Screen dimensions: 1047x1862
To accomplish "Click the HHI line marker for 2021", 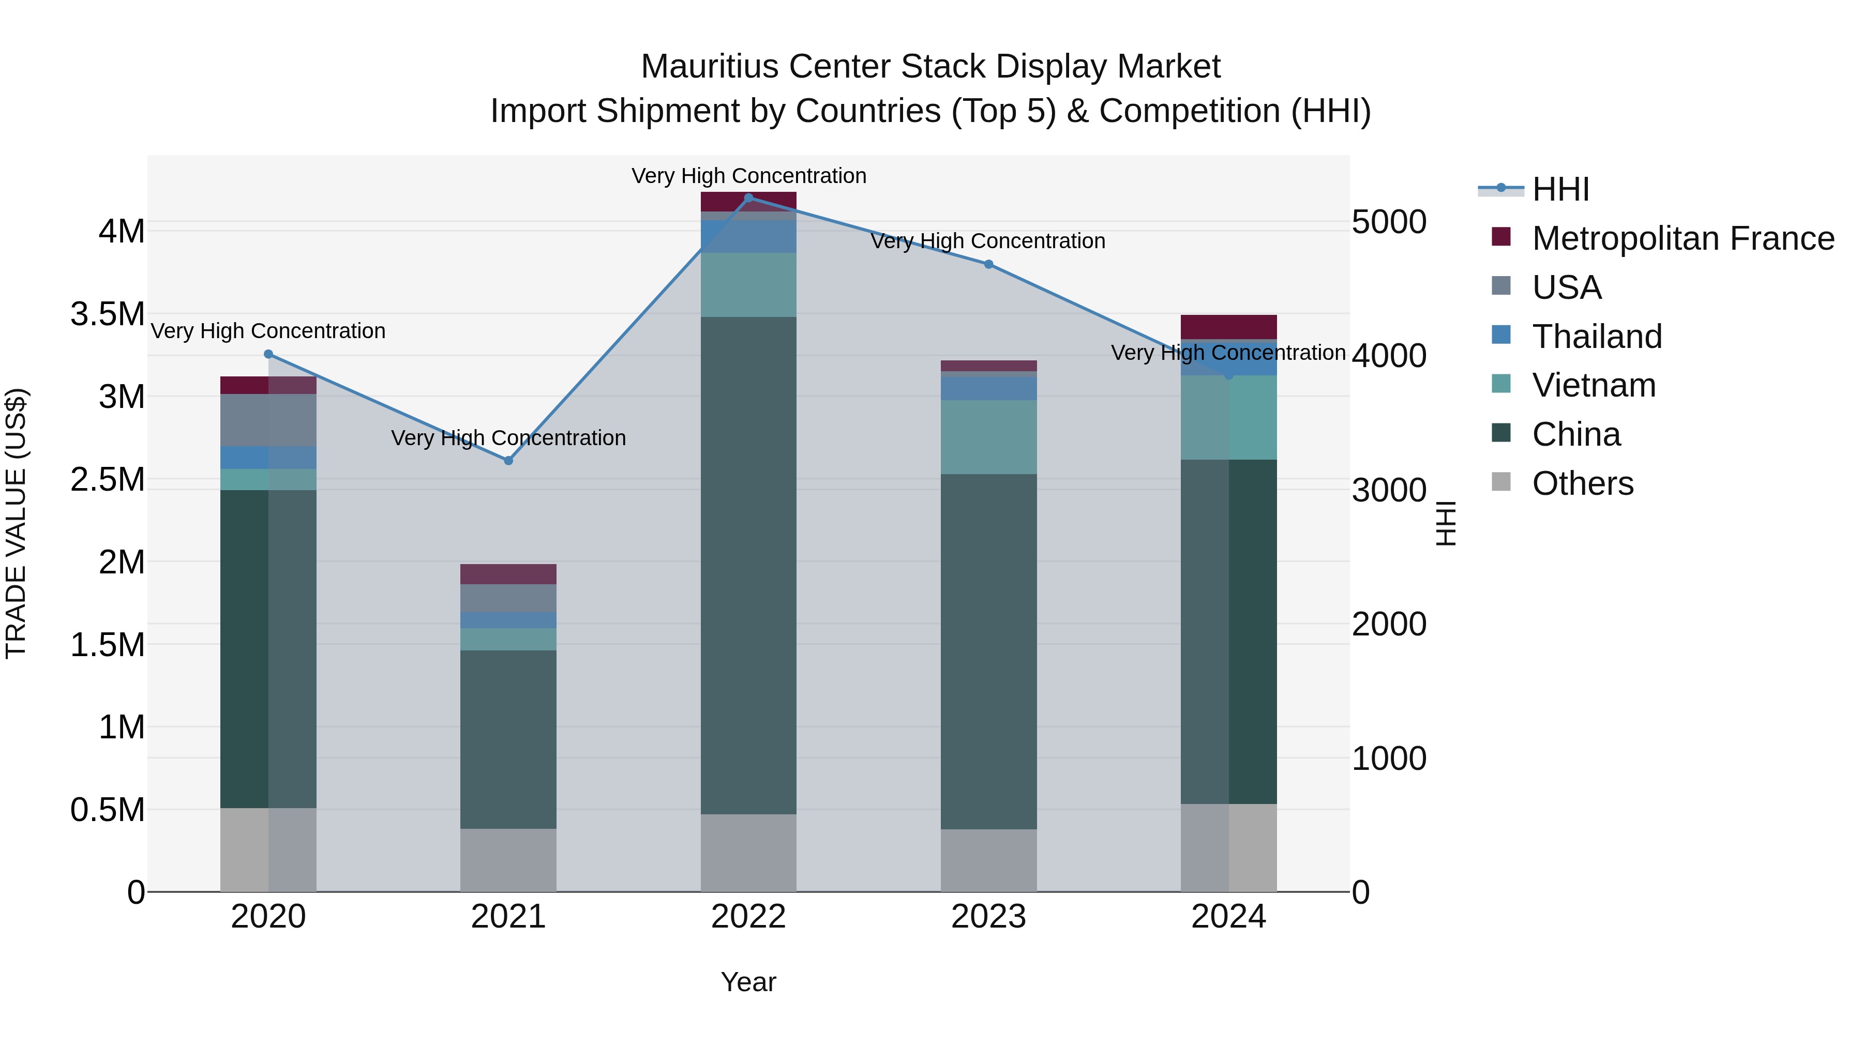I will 508,460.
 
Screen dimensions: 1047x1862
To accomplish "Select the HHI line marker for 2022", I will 748,198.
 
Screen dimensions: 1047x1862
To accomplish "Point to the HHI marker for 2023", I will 988,264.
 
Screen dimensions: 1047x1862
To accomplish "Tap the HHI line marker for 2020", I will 268,354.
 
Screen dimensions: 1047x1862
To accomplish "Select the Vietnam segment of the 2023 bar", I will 988,436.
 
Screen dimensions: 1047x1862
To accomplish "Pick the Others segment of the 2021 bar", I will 508,859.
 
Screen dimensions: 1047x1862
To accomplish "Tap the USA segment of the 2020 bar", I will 268,420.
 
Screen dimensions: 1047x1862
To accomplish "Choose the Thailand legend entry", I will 1597,336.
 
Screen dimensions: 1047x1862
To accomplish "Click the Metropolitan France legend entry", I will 1683,238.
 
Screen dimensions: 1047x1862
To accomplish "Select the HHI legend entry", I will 1560,189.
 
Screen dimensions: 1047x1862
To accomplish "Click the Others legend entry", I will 1582,483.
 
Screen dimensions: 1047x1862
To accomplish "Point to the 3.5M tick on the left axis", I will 108,314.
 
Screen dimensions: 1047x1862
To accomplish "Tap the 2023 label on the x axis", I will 988,916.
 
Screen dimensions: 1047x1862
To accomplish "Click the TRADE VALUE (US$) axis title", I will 16,523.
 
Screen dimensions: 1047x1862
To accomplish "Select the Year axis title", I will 748,981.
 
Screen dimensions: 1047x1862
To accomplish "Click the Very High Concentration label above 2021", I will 508,438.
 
